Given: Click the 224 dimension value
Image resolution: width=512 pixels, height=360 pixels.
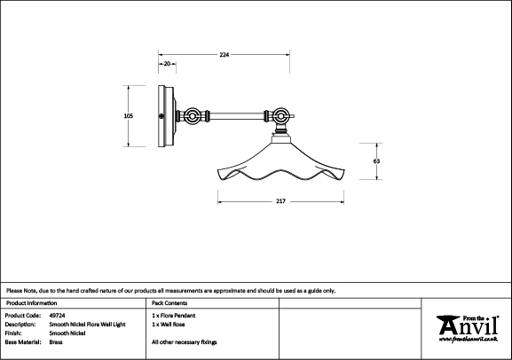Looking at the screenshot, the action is pyautogui.click(x=224, y=55).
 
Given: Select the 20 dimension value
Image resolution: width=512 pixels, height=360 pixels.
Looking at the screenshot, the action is pyautogui.click(x=167, y=64).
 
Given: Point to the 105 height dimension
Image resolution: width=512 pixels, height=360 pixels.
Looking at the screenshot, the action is pyautogui.click(x=129, y=116).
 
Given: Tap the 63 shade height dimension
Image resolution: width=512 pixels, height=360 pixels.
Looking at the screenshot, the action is pyautogui.click(x=376, y=161).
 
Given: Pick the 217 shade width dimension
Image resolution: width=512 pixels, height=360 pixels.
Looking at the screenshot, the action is pyautogui.click(x=280, y=201).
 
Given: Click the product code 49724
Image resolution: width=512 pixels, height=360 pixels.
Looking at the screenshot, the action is pyautogui.click(x=57, y=316).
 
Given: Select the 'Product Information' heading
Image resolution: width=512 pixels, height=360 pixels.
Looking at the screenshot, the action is pyautogui.click(x=31, y=303).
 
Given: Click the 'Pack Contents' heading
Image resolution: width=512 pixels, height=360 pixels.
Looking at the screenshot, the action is pyautogui.click(x=169, y=303).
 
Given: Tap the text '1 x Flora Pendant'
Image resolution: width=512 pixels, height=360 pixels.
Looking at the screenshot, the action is pyautogui.click(x=174, y=316).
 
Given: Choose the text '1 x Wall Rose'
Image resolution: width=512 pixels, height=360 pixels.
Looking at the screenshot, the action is pyautogui.click(x=169, y=325).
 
